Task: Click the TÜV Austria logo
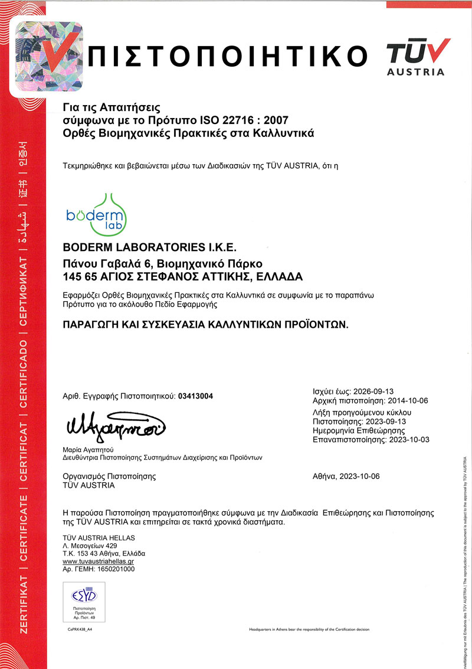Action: tap(415, 56)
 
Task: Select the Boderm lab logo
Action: tap(94, 211)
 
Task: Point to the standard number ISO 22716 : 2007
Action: tap(253, 120)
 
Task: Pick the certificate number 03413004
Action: tap(196, 396)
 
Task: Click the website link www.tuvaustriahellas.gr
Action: tap(101, 562)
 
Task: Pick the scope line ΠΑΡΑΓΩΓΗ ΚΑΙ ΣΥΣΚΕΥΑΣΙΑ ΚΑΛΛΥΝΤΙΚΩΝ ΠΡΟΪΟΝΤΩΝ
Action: tap(206, 324)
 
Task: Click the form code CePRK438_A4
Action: tap(82, 629)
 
